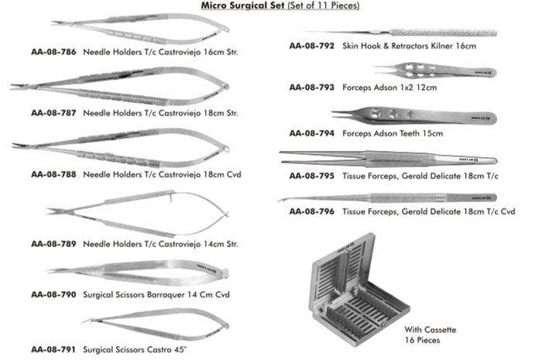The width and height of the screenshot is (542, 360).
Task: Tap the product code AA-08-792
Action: coord(310,46)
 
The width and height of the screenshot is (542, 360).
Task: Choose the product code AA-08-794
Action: coord(310,132)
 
